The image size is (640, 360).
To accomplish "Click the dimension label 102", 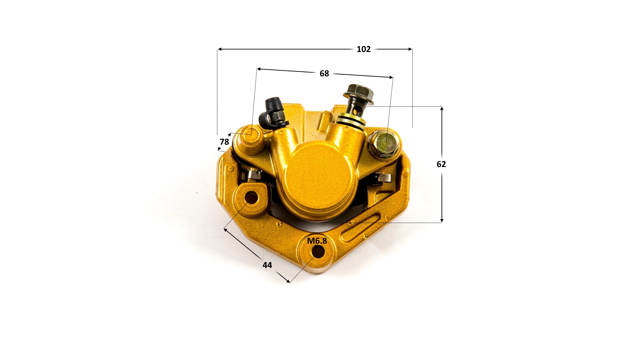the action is click(x=363, y=49).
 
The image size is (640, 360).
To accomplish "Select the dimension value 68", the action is click(x=324, y=74).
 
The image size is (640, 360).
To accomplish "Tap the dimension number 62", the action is click(x=441, y=164).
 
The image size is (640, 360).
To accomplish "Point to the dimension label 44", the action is click(x=267, y=265).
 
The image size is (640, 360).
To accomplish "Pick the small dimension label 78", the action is click(x=224, y=142).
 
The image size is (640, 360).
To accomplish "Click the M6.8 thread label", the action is click(x=317, y=241).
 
